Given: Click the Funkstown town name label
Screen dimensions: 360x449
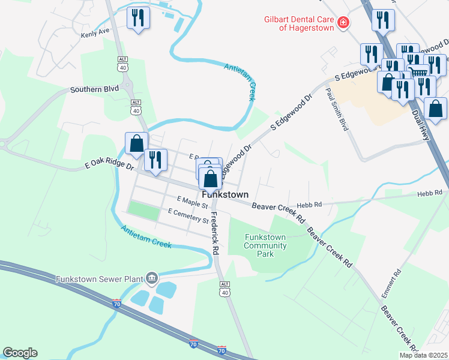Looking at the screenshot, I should pos(225,195).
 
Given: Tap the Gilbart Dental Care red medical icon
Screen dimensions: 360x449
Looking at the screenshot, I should pos(343,23).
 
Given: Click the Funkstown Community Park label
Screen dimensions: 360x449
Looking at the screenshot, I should pos(265,245).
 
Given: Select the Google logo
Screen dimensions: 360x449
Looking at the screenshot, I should pos(20,353).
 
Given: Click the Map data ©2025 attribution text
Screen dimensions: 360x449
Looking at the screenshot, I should pos(423,355).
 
